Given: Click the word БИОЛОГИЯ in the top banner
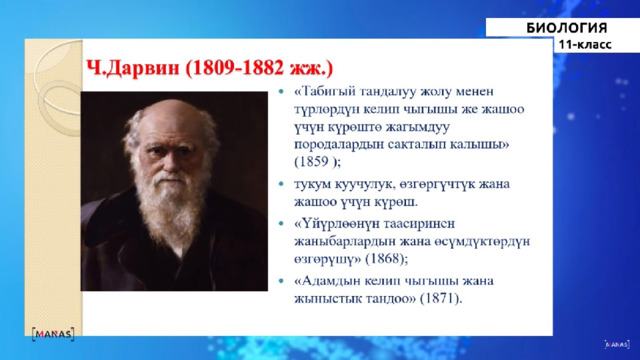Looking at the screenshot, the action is (x=567, y=28).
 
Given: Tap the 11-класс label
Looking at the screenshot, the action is (x=585, y=44).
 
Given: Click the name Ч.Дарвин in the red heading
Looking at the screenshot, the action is (x=133, y=68).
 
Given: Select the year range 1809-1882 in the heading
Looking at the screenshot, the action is (x=238, y=68).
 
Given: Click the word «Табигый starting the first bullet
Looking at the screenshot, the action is (x=325, y=91).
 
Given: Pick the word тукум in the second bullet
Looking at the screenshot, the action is (x=312, y=184).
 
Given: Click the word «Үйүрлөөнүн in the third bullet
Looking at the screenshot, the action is (x=334, y=224).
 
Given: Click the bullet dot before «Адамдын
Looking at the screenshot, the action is (x=281, y=281).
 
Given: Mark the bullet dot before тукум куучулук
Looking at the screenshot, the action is (x=281, y=184).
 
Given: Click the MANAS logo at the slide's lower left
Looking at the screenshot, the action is (x=53, y=334).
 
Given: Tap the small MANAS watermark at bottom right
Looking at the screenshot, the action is (x=617, y=344).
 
